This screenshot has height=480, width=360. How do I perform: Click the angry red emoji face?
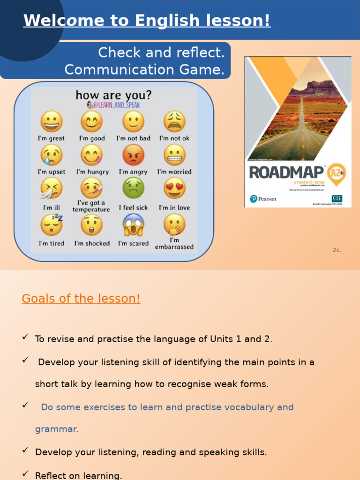tap(133, 155)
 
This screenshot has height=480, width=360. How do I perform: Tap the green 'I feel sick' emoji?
tap(133, 188)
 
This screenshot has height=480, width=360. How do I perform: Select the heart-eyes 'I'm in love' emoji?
tap(174, 188)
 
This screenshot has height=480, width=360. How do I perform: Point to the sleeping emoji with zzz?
tap(51, 225)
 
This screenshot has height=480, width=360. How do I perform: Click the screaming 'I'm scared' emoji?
tap(133, 225)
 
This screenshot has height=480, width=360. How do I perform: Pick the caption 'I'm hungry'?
tap(92, 172)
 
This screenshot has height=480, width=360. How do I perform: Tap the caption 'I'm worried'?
tap(174, 172)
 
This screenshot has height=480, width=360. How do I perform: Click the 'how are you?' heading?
tap(113, 95)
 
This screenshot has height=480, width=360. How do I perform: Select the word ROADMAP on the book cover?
tap(286, 172)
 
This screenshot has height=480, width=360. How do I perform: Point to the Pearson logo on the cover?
tap(263, 199)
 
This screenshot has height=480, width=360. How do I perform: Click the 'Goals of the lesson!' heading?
tap(81, 299)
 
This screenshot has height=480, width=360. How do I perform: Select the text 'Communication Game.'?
tap(144, 69)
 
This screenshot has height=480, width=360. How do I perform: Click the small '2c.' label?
tap(337, 250)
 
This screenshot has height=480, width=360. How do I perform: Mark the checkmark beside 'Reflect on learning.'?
tap(25, 474)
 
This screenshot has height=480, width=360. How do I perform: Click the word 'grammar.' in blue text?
tap(57, 429)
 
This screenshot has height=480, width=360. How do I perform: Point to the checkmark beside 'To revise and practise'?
tap(25, 337)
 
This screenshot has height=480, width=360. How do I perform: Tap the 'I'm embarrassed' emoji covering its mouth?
tap(174, 225)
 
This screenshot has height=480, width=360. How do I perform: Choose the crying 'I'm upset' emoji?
tap(51, 155)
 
